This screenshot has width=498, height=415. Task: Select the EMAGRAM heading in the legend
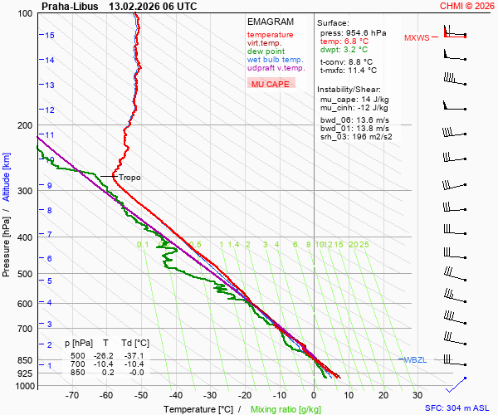(270, 22)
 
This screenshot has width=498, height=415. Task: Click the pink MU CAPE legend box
(271, 84)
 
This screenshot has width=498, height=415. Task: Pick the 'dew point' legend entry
(266, 51)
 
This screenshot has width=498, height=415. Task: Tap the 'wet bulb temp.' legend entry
(275, 60)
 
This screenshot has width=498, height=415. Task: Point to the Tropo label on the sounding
(129, 178)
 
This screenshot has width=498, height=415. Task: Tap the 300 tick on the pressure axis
(24, 191)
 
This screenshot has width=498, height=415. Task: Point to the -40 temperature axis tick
(174, 396)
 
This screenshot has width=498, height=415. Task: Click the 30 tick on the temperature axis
(417, 396)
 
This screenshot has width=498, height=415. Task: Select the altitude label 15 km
(50, 36)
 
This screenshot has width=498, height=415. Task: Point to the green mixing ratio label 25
(364, 245)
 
